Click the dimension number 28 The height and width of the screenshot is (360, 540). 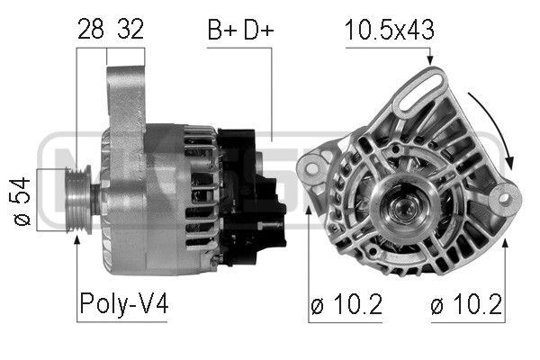click(91, 30)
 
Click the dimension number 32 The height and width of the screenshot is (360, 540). click(130, 30)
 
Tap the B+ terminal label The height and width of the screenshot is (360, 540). click(222, 30)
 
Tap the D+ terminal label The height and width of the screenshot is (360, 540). click(258, 30)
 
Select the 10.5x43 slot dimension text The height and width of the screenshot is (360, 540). click(389, 30)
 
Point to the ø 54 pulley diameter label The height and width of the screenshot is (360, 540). click(22, 202)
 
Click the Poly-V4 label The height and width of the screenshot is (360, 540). click(124, 304)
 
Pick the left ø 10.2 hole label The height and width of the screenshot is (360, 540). click(346, 304)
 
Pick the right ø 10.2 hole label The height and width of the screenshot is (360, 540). click(466, 304)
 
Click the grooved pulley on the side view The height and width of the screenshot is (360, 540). click(78, 200)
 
